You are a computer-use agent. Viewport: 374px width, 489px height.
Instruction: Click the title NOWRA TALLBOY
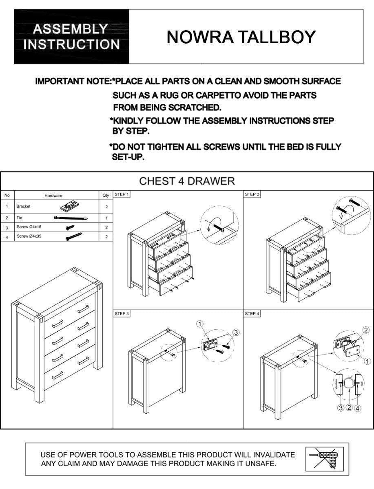point(241,37)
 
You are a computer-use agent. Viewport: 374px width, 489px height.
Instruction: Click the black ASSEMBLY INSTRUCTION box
point(72,37)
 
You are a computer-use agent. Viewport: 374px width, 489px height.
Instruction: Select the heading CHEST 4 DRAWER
point(187,181)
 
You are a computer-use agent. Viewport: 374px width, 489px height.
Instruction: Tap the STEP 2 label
point(252,194)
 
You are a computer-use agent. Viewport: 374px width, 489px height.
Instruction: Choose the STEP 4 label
point(252,313)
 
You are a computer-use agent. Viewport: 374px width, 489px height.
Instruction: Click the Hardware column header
point(53,196)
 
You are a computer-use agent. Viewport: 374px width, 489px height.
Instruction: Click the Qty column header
point(106,196)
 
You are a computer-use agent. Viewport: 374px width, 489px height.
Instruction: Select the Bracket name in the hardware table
point(23,207)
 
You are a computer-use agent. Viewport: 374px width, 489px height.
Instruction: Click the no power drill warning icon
point(324,459)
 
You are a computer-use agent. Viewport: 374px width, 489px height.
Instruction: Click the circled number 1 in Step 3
point(199,324)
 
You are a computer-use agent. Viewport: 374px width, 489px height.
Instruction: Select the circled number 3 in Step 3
point(236,333)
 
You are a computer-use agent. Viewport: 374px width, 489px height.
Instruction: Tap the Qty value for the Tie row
point(106,218)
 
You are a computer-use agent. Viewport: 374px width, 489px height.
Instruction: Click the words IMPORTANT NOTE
point(73,81)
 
